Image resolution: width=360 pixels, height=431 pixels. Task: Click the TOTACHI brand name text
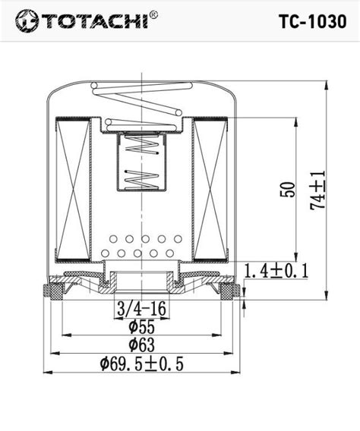pos(96,21)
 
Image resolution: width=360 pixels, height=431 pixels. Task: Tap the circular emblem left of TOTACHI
pos(27,21)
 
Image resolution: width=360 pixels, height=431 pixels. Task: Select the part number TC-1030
pos(313,21)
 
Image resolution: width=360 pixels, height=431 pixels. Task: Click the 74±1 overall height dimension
pos(318,190)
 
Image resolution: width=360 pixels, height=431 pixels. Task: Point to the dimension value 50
pos(288,190)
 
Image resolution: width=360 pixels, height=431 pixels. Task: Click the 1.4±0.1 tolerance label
pos(276,270)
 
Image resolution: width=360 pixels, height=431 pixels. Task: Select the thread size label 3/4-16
pos(141,309)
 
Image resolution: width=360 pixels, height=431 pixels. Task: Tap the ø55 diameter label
pos(141,327)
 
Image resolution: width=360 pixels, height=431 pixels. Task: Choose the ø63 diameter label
pos(141,344)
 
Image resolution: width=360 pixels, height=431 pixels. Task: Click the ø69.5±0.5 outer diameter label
pos(141,364)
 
